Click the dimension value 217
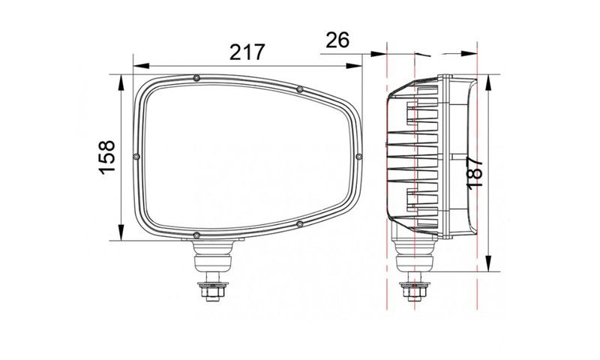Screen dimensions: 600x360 247,52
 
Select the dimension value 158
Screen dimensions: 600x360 107,157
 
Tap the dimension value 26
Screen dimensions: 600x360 337,40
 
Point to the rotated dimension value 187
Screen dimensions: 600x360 475,172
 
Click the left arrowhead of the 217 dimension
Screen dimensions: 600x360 141,66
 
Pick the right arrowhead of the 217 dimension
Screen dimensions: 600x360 354,66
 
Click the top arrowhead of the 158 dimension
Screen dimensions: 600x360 121,82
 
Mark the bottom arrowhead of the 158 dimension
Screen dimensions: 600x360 121,232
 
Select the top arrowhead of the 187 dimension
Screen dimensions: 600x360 488,82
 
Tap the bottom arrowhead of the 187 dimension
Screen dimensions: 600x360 488,263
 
